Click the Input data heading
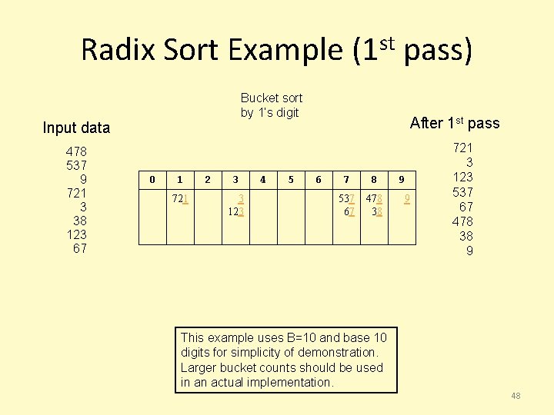point(76,128)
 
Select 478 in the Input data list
point(76,151)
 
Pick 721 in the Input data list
point(76,193)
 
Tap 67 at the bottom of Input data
point(79,248)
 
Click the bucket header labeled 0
point(152,180)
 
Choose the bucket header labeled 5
point(291,180)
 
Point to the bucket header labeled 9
point(401,180)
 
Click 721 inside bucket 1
point(180,198)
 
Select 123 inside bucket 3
point(235,211)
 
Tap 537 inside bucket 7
point(346,198)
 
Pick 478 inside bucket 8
point(374,198)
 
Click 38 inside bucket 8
point(376,211)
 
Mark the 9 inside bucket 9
point(407,198)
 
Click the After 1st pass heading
point(455,123)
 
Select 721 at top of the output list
point(463,147)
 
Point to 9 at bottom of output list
point(469,251)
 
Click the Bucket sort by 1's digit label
point(271,105)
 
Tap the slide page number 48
point(516,396)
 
